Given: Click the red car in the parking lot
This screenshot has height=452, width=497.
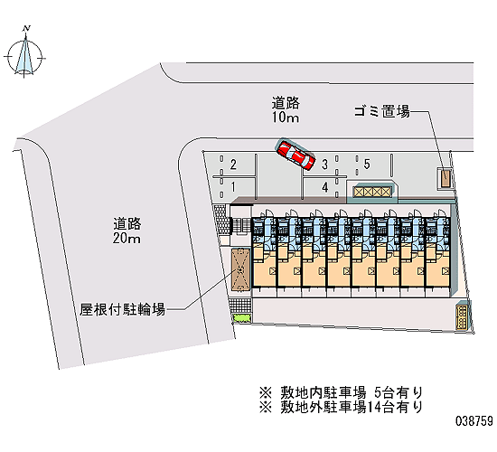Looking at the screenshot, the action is [x=295, y=155].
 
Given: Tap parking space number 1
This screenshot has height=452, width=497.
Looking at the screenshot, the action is [x=233, y=187].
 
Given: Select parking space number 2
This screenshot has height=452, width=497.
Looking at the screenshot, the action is [x=233, y=165].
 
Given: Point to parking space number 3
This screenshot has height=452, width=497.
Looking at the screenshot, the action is [x=324, y=165].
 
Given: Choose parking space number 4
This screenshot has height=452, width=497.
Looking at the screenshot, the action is [x=325, y=187].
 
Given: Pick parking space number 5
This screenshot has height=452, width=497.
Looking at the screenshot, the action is [x=367, y=164].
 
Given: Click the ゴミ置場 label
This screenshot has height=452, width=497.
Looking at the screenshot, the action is [x=382, y=111].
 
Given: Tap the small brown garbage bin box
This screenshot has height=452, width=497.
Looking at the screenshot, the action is [x=445, y=179].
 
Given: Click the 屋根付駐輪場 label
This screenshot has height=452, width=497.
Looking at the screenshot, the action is [x=122, y=309].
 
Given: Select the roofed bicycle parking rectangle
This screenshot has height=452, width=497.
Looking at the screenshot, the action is [x=240, y=269].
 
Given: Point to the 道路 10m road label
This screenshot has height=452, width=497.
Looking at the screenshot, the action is [x=286, y=109].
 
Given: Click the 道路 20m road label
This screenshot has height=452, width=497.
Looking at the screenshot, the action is [x=127, y=231].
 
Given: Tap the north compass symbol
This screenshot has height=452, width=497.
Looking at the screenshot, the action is [x=24, y=53].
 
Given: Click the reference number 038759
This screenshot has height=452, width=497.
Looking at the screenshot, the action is [x=474, y=421].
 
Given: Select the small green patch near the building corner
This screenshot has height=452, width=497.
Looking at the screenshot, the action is [x=242, y=318].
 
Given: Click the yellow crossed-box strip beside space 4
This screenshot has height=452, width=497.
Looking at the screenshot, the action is [x=372, y=192].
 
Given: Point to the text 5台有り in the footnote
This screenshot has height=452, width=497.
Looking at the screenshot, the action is [x=399, y=392].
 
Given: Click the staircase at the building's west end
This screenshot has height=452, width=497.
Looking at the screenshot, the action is [x=240, y=226].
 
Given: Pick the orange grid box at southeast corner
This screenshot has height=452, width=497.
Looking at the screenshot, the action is [x=462, y=317].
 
